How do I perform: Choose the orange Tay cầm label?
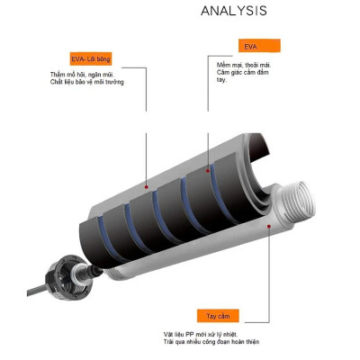tap(219, 318)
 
